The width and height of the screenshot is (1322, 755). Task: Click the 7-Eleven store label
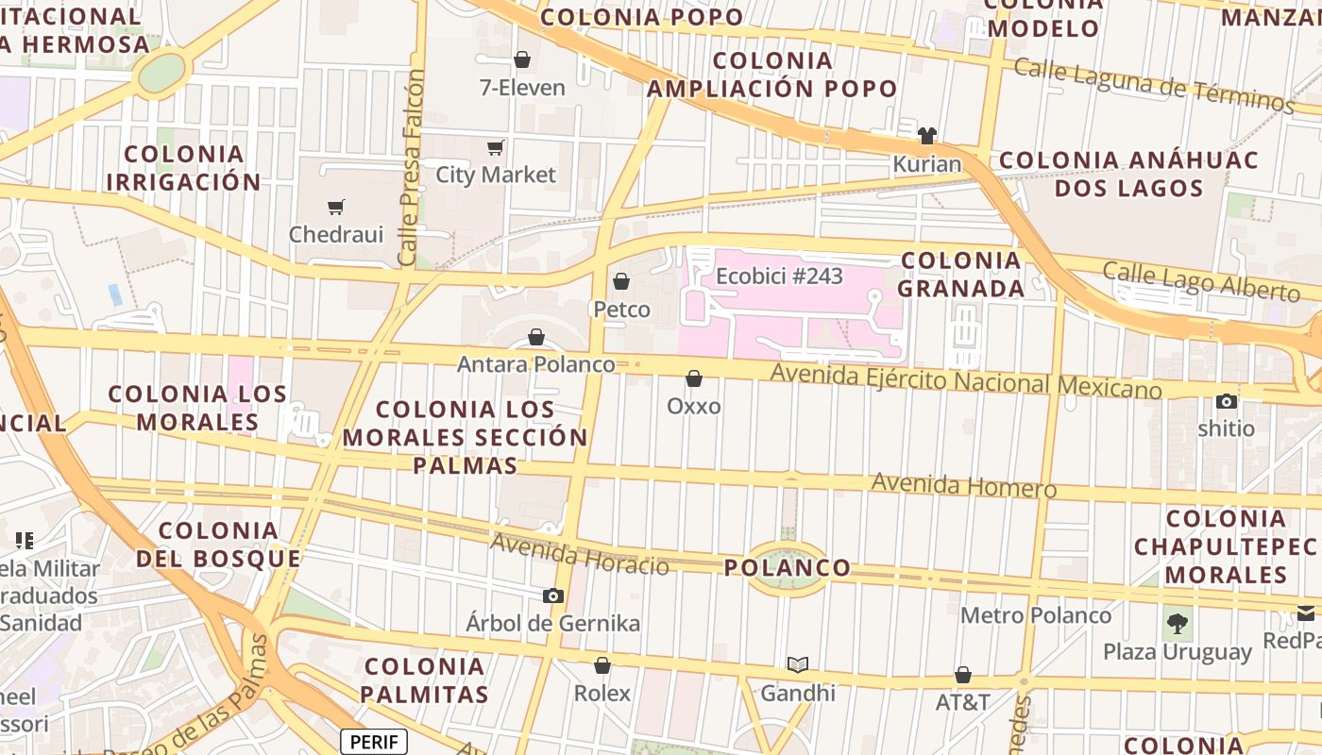tap(522, 88)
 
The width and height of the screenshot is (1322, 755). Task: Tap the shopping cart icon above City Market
tap(495, 147)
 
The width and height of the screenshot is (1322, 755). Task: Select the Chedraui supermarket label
tap(336, 234)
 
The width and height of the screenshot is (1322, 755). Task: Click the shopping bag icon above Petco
tap(621, 281)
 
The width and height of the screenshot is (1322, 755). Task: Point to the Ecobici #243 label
tap(779, 276)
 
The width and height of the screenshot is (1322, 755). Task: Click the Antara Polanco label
tap(535, 363)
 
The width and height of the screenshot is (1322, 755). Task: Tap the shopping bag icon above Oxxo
tap(694, 378)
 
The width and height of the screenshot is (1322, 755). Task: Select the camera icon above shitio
tap(1227, 401)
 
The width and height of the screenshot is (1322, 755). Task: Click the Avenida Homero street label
tap(963, 485)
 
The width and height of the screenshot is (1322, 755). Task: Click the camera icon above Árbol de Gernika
tap(553, 596)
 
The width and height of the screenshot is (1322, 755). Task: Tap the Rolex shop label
tap(602, 693)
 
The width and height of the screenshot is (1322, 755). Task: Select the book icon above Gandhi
tap(798, 664)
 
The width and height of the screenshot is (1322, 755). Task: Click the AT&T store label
tap(962, 702)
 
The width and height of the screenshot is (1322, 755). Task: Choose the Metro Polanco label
tap(1036, 615)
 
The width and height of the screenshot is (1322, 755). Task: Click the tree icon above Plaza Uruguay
tap(1178, 623)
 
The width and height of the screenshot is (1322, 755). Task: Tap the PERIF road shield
tap(374, 742)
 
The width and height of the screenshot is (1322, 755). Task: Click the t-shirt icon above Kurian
tap(927, 136)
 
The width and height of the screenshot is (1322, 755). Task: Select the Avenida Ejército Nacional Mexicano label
tap(966, 381)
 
